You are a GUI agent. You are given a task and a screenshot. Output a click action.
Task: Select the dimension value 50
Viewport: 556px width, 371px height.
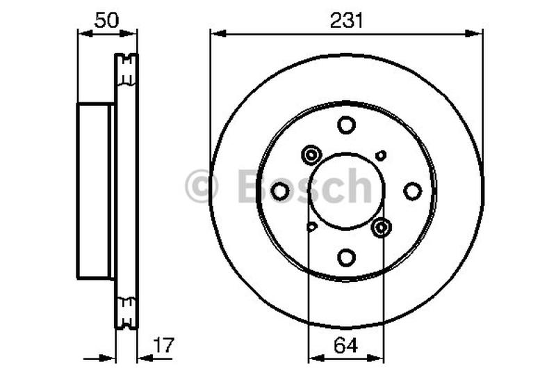[x=106, y=20]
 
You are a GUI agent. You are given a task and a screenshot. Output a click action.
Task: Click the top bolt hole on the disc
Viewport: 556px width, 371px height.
[x=346, y=126]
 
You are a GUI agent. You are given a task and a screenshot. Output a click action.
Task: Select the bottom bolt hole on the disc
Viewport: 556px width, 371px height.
[x=346, y=256]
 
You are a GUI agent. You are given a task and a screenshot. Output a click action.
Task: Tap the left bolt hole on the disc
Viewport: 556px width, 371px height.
[x=280, y=191]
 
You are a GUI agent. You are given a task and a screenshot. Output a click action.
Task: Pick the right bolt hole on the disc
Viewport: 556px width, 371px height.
[x=412, y=191]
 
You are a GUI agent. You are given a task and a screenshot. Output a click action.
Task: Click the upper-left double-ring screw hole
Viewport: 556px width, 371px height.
[x=311, y=154]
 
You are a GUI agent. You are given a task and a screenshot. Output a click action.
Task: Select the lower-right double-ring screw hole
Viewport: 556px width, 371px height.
[x=381, y=227]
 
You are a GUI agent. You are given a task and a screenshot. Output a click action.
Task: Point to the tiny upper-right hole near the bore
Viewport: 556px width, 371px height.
[x=380, y=155]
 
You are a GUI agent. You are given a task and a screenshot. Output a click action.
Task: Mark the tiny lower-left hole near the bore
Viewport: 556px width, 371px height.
[x=311, y=226]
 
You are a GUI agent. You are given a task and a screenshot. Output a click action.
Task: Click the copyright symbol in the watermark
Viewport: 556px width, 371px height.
[x=202, y=187]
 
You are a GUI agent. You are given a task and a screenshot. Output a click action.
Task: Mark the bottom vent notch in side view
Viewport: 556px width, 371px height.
[x=126, y=308]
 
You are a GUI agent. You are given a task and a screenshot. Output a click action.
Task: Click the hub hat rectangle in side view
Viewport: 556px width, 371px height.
[x=94, y=190]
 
